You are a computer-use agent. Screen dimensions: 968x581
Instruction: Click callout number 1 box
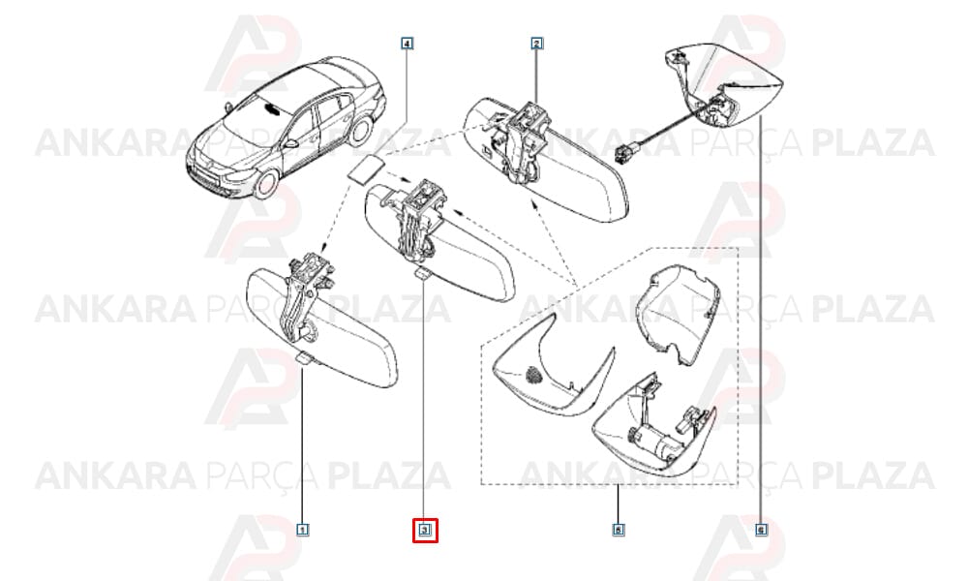click(x=302, y=530)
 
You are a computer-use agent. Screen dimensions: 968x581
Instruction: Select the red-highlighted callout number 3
click(x=425, y=530)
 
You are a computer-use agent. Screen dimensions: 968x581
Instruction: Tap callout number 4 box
click(x=407, y=44)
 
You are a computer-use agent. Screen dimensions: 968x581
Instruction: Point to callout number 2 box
click(x=536, y=44)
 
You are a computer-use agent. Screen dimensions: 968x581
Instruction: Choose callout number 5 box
click(x=618, y=530)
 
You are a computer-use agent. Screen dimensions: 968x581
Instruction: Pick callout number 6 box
click(x=761, y=530)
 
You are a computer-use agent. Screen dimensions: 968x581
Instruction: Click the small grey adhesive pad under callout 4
click(x=367, y=168)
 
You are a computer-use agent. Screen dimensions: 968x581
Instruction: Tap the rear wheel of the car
click(x=361, y=132)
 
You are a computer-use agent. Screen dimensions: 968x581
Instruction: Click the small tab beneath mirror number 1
click(x=305, y=358)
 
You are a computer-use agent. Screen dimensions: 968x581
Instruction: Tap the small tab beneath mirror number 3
click(x=424, y=274)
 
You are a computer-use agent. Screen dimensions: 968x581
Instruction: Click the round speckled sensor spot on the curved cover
click(x=531, y=375)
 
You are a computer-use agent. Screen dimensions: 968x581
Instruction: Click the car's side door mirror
click(x=290, y=144)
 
